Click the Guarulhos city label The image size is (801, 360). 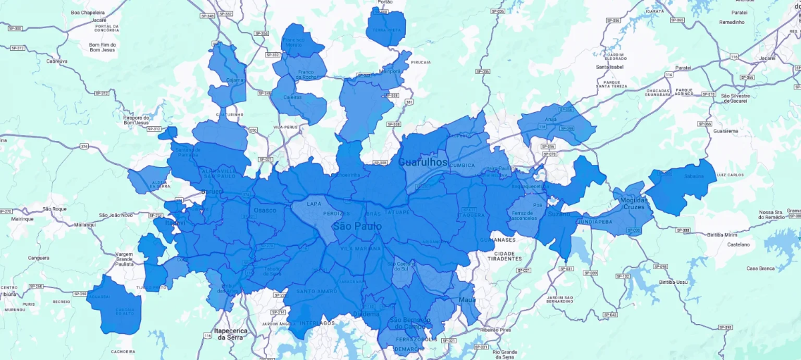tap(423, 162)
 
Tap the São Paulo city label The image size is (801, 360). tap(356, 227)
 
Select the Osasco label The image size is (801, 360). tap(265, 210)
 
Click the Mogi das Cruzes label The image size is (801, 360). tap(633, 204)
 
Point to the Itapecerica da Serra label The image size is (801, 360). tap(231, 334)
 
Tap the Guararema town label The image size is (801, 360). tap(726, 131)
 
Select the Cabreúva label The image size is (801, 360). tap(57, 61)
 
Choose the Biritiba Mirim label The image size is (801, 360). tap(722, 235)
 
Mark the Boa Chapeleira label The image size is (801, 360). tap(89, 12)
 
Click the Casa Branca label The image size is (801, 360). tap(760, 268)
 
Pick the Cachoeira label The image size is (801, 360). tap(123, 351)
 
